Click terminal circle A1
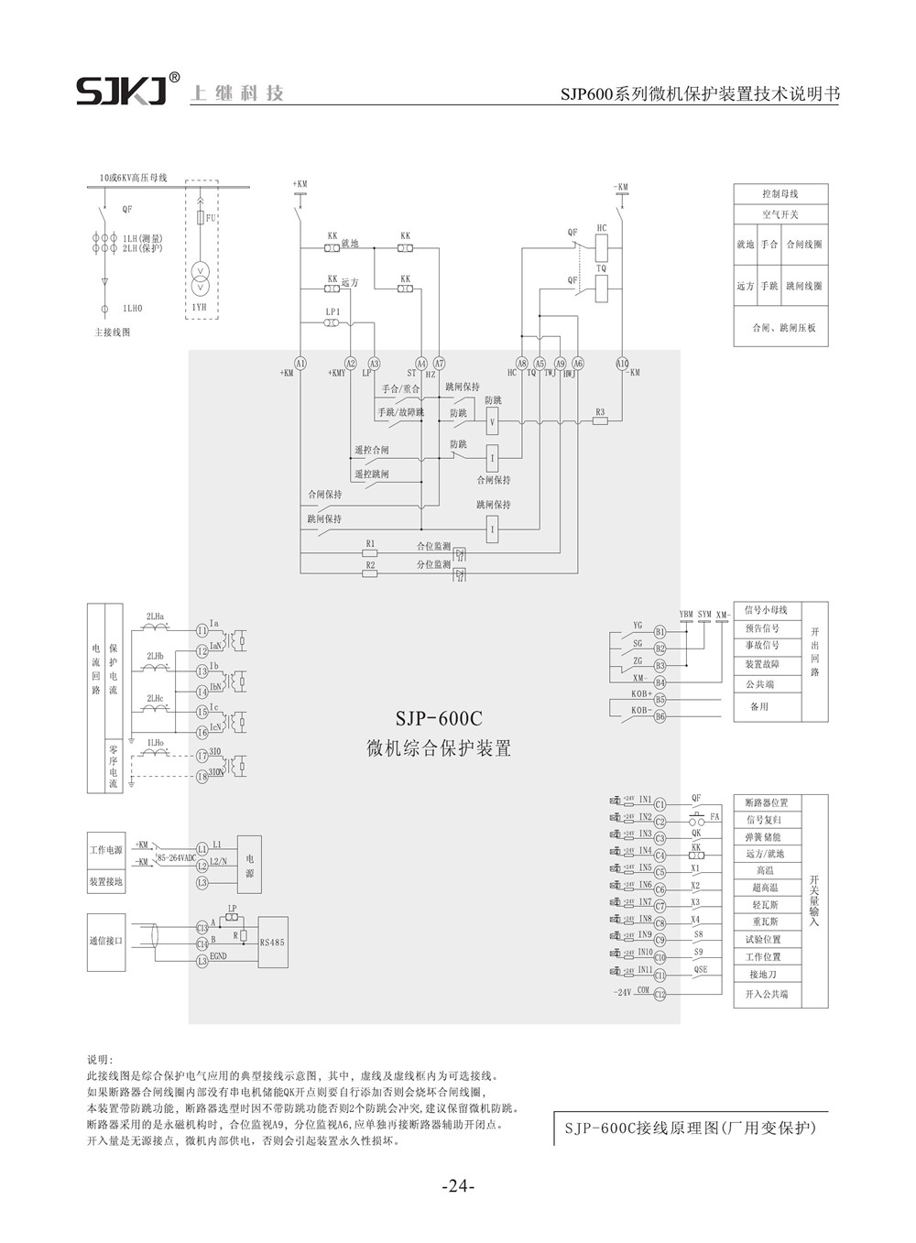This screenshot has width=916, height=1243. click(x=300, y=364)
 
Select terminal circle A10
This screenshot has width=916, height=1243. click(x=623, y=364)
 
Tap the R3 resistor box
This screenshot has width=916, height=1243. click(x=600, y=422)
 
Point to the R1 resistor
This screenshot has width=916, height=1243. click(x=370, y=553)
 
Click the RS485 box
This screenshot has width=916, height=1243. click(x=273, y=941)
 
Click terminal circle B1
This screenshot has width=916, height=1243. click(x=660, y=631)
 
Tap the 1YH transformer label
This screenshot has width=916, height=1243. click(x=199, y=308)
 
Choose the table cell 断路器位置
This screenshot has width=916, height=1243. click(x=767, y=803)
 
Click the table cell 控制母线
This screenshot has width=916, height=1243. click(x=780, y=194)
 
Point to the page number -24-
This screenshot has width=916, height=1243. click(x=458, y=1187)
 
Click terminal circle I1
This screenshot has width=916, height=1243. click(x=202, y=631)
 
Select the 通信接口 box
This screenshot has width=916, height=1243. click(x=105, y=942)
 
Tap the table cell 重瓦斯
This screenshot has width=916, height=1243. click(x=767, y=921)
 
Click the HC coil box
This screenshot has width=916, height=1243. click(x=602, y=246)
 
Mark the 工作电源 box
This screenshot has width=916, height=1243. click(x=105, y=849)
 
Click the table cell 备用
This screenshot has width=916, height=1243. click(x=759, y=706)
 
